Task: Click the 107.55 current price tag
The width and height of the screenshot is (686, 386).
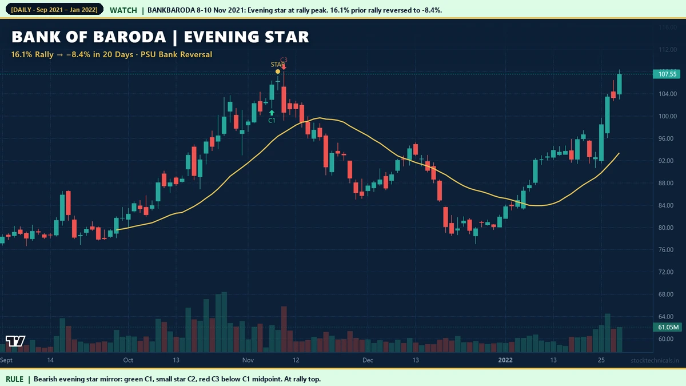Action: click(667, 74)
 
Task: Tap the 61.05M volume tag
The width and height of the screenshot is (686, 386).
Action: click(668, 327)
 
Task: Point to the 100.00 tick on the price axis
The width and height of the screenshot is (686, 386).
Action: click(668, 116)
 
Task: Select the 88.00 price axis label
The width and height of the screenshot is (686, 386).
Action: click(668, 183)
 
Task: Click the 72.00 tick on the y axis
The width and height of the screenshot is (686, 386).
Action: click(668, 272)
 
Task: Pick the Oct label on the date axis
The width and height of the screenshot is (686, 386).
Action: click(128, 360)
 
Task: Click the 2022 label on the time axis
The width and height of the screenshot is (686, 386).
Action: click(506, 360)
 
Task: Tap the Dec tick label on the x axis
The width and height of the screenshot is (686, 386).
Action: click(368, 360)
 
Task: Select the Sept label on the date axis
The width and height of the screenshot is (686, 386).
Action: click(7, 360)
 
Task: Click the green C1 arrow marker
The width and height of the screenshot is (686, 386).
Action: click(272, 113)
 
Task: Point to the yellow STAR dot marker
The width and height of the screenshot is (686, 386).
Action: click(278, 71)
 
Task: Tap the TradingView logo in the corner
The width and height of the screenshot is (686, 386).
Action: click(15, 341)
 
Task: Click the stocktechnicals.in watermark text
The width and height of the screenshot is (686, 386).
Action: click(655, 361)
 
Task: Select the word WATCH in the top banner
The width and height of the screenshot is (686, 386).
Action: click(123, 10)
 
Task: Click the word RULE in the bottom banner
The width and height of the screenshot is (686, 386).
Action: click(15, 379)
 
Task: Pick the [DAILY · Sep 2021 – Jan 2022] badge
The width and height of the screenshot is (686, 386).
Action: click(54, 10)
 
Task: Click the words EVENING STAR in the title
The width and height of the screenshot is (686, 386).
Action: click(247, 37)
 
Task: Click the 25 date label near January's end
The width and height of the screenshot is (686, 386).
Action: click(601, 360)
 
